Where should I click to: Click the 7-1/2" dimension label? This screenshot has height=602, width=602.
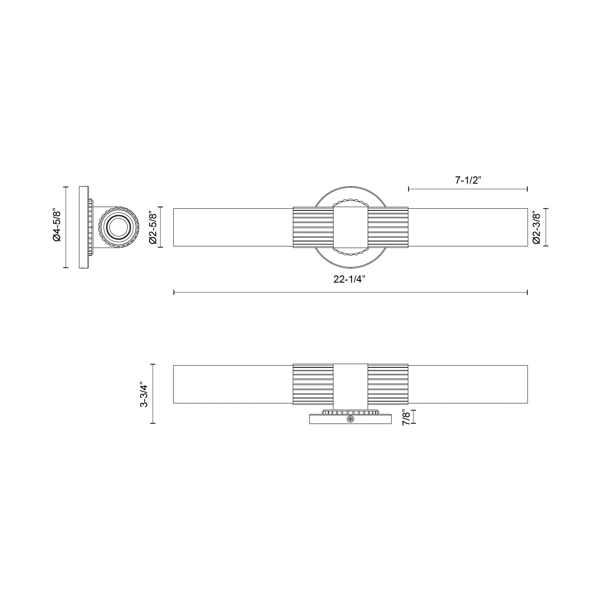[468, 180]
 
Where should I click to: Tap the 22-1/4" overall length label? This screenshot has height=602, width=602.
[349, 279]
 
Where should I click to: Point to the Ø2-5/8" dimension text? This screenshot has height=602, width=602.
[153, 227]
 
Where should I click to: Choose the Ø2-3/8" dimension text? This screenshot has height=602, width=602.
[537, 228]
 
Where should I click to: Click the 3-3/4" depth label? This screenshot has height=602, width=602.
[144, 394]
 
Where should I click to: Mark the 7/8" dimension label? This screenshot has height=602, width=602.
[405, 417]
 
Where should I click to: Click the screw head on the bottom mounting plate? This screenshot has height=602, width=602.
[351, 419]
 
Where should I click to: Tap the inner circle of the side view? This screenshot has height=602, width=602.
[118, 227]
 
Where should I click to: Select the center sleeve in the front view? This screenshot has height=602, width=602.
[351, 227]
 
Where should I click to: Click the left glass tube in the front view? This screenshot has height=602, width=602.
[233, 227]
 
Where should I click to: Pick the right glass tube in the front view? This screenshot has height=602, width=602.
[467, 227]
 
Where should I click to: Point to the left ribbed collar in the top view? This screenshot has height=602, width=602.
[313, 384]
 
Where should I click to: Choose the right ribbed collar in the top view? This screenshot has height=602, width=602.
[388, 384]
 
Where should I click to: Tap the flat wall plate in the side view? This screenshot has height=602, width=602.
[83, 227]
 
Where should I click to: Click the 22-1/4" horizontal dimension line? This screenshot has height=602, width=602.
[351, 292]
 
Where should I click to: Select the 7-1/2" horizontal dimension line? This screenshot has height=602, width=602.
[467, 189]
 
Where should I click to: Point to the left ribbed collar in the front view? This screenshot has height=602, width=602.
[313, 227]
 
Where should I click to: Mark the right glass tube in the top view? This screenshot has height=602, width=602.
[467, 384]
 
